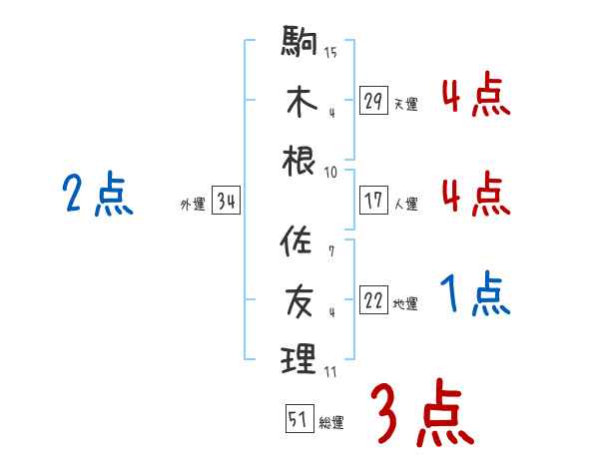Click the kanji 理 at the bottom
point(299,357)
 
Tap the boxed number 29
point(374,101)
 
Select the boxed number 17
point(374,200)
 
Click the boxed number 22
point(374,300)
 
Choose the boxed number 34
point(227,203)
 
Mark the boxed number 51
point(299,419)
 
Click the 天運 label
point(405,104)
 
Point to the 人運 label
point(405,204)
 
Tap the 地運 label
point(405,303)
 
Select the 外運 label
point(192,205)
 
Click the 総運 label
point(330,422)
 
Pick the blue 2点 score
point(97,194)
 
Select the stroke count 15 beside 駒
point(330,53)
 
